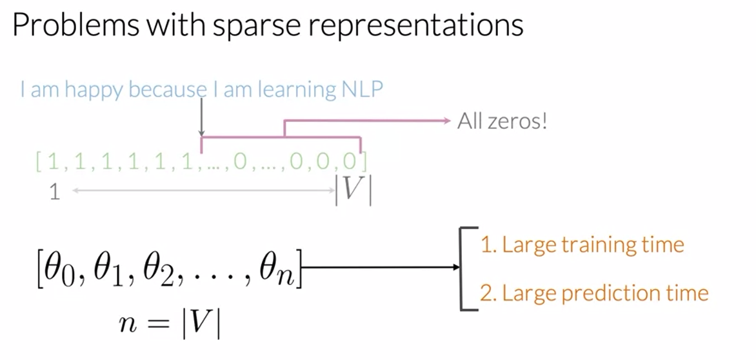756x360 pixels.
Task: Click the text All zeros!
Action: point(502,121)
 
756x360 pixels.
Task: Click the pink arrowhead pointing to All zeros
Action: point(446,120)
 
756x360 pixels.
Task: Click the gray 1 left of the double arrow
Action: point(55,192)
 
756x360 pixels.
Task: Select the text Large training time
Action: point(582,245)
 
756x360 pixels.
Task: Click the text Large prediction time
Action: point(594,294)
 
